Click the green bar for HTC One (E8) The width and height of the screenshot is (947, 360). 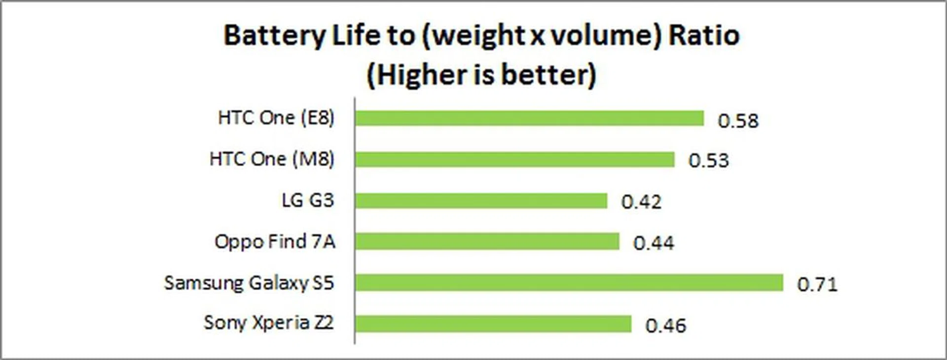click(x=529, y=118)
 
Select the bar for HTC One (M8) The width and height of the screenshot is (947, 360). click(x=514, y=159)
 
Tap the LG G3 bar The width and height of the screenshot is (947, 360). click(x=481, y=201)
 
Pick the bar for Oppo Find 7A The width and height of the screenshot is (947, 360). click(x=487, y=242)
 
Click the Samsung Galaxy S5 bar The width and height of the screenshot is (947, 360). click(x=569, y=283)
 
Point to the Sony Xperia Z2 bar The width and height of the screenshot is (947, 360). click(x=493, y=324)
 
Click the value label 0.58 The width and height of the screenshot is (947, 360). click(x=738, y=121)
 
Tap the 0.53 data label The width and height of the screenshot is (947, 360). click(x=708, y=161)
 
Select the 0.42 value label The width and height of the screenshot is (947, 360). click(x=641, y=202)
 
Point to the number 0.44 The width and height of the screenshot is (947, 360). click(x=654, y=243)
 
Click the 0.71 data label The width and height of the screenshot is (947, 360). click(x=817, y=285)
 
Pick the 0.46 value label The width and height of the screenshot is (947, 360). click(x=665, y=325)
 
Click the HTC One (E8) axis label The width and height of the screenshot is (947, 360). click(x=276, y=118)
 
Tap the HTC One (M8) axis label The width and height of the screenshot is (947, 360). click(x=272, y=159)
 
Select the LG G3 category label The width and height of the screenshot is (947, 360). click(x=308, y=200)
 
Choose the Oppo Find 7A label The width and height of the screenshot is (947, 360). click(x=275, y=242)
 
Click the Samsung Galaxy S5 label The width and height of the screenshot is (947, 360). click(x=249, y=283)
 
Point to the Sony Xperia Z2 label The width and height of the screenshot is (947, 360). click(x=269, y=323)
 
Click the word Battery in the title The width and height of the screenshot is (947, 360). click(x=275, y=36)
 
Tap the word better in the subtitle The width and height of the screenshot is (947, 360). click(x=548, y=75)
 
